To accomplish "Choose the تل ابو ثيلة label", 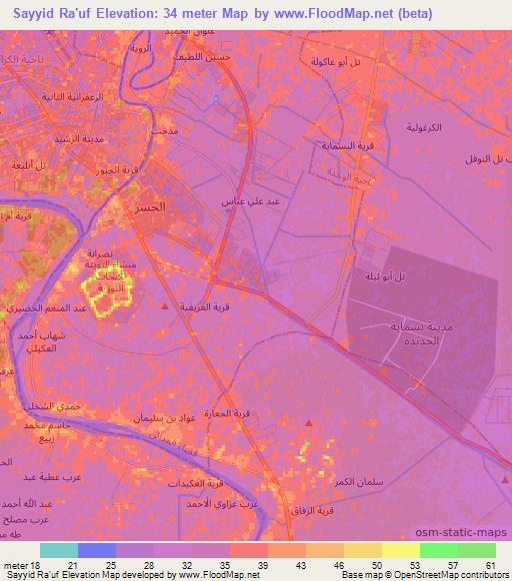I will click(x=385, y=277).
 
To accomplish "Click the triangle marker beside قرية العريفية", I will click(x=165, y=307).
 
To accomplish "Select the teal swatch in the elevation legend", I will click(x=58, y=550).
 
